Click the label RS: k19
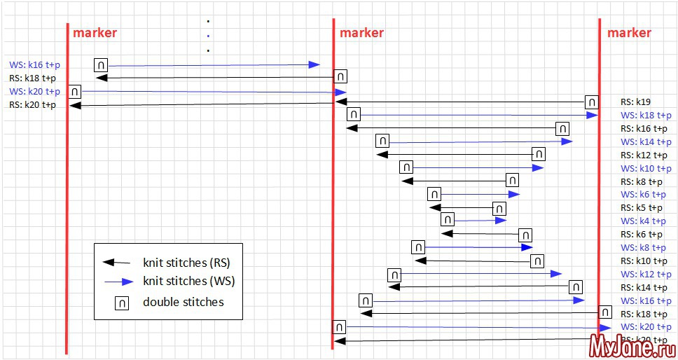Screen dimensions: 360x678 636,102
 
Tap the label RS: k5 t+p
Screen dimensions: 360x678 642,208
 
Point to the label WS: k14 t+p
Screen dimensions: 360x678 646,141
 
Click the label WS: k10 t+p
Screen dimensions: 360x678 646,168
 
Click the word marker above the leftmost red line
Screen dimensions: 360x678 95,32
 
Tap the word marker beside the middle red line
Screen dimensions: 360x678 361,32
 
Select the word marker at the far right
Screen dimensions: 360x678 629,32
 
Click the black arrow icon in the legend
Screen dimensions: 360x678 117,263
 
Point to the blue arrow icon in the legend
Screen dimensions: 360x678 117,282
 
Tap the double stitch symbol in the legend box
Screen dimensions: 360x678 121,303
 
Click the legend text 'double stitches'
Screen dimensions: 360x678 183,302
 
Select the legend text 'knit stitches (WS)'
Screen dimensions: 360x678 188,282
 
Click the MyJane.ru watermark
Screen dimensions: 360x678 632,345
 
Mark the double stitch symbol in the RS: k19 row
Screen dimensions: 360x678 592,102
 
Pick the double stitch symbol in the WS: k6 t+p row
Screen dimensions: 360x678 434,194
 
